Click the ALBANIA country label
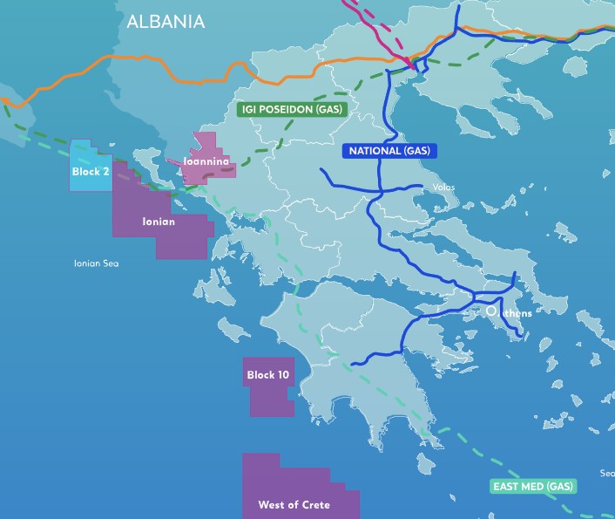tap(166, 22)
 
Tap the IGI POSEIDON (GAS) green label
tap(292, 110)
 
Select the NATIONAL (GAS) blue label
tap(389, 151)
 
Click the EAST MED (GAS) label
tap(533, 486)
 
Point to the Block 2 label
tap(91, 172)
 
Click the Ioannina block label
tap(206, 161)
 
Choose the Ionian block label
tap(159, 222)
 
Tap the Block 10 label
tap(268, 375)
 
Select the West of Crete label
tap(294, 505)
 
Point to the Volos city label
tap(443, 187)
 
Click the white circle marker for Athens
tap(491, 310)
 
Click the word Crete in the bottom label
tap(314, 505)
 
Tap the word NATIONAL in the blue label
tap(375, 151)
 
